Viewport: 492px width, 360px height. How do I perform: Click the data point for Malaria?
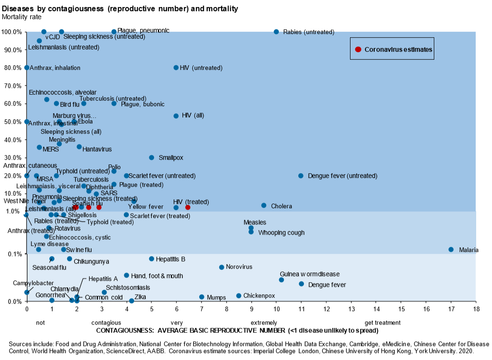click(451, 250)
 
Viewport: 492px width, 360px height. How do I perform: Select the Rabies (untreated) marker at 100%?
click(276, 32)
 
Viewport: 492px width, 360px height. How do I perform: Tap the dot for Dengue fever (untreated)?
click(301, 176)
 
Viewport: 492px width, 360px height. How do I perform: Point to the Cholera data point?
click(264, 205)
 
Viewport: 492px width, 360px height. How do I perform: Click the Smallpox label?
click(171, 157)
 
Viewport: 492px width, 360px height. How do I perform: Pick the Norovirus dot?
click(222, 267)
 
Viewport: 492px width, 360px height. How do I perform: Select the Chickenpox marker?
click(239, 296)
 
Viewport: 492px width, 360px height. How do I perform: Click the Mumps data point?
click(202, 297)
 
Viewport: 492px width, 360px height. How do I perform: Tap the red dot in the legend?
click(358, 49)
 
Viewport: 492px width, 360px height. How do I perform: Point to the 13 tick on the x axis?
click(351, 308)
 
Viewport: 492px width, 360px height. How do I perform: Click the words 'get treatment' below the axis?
click(382, 322)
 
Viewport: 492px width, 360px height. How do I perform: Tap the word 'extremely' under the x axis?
click(264, 322)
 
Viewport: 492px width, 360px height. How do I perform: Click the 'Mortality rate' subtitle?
click(22, 17)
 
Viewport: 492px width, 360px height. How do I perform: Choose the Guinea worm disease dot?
click(282, 279)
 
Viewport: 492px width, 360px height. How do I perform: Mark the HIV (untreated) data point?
click(176, 68)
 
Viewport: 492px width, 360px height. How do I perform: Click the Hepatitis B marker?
click(151, 258)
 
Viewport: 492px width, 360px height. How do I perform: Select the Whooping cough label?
click(281, 232)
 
